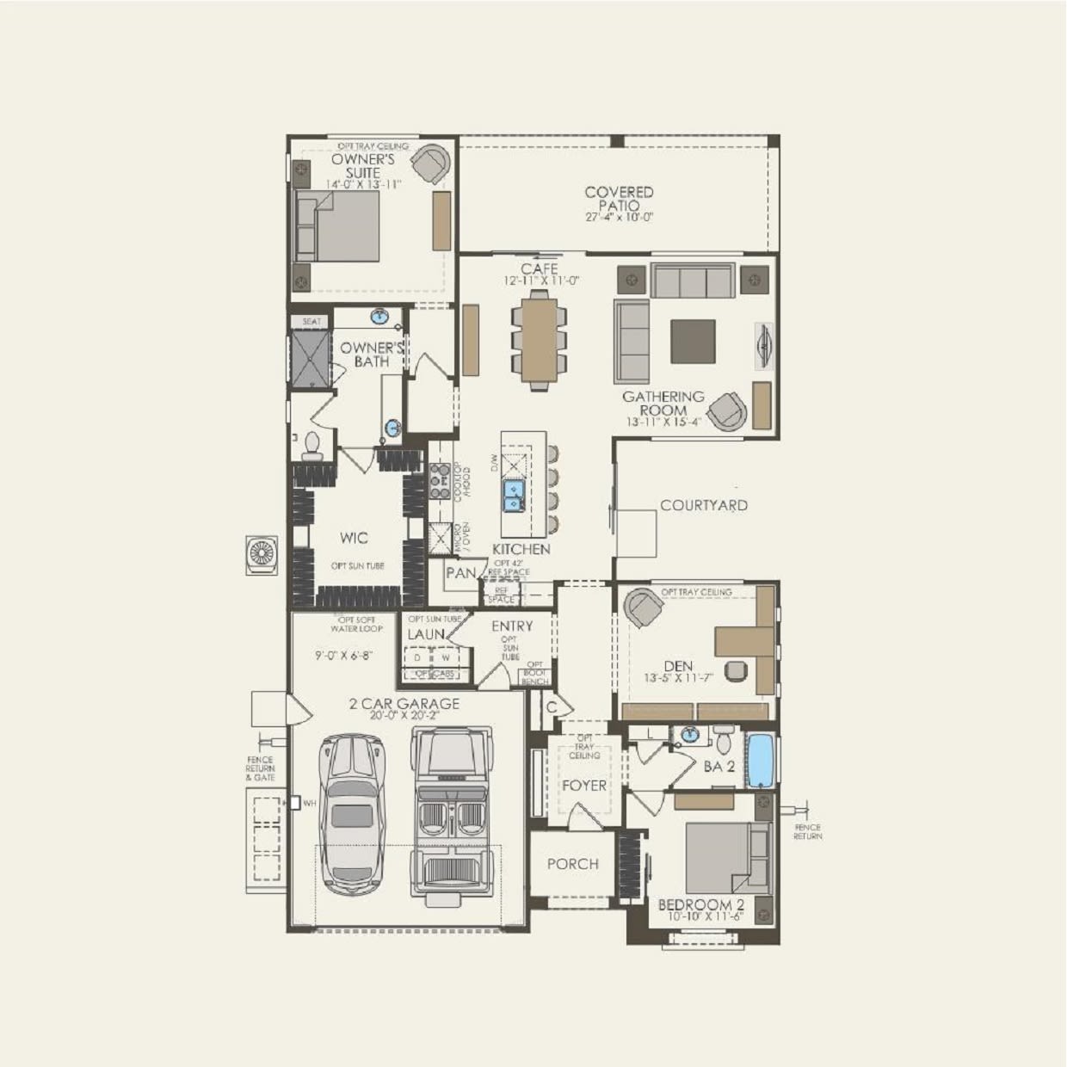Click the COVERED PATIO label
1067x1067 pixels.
click(x=619, y=199)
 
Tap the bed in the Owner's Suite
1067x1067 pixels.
click(x=337, y=225)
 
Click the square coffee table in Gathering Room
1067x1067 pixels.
click(x=693, y=342)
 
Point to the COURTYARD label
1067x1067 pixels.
click(x=704, y=505)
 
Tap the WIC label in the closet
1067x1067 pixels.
click(x=354, y=538)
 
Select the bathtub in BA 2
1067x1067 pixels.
click(x=761, y=760)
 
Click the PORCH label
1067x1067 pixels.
click(x=572, y=863)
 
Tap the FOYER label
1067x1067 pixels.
click(x=584, y=785)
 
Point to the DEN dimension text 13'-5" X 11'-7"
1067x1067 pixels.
click(x=679, y=678)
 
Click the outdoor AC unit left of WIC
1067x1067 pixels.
click(x=262, y=553)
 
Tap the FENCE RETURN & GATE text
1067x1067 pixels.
click(x=260, y=768)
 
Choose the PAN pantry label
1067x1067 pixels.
click(x=461, y=572)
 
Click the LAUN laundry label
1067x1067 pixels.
click(x=426, y=634)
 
